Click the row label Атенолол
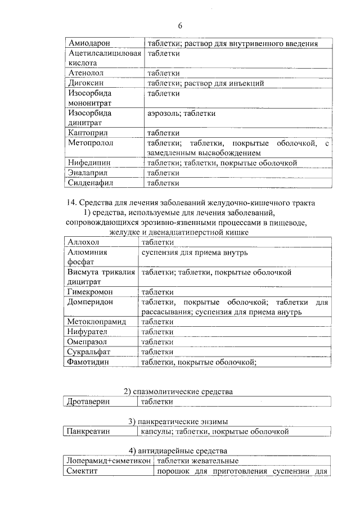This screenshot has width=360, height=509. (x=86, y=73)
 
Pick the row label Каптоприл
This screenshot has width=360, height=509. (x=88, y=133)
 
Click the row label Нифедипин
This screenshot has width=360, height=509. (x=89, y=163)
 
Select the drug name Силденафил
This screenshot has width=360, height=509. (x=91, y=183)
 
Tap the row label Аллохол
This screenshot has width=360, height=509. (x=83, y=242)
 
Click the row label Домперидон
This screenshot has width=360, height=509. (x=90, y=302)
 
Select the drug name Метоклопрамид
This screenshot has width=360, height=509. (x=96, y=322)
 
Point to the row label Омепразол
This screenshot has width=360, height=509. (x=87, y=341)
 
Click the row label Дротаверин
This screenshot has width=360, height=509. (x=88, y=402)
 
